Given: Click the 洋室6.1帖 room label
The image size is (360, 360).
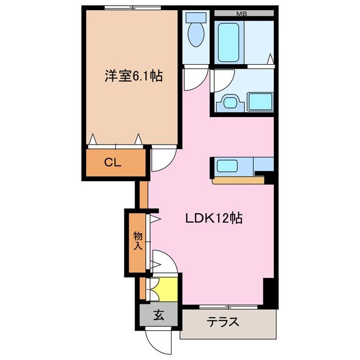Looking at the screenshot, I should [x=133, y=76].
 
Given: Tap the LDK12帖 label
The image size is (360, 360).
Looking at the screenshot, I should [x=214, y=219].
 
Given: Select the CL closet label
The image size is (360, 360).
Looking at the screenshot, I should [x=112, y=163].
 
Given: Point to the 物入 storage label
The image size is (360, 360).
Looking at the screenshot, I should [x=138, y=240].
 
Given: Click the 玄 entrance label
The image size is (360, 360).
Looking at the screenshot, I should [x=159, y=315].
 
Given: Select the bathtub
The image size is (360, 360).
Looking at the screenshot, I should [x=230, y=42].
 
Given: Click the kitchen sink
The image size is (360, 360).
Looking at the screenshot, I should [x=227, y=166].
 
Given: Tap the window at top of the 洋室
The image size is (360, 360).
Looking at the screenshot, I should [x=133, y=8].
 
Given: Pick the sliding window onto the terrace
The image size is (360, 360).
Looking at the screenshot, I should [x=228, y=307].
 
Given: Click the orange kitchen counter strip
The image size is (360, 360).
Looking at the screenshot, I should [x=238, y=181].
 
